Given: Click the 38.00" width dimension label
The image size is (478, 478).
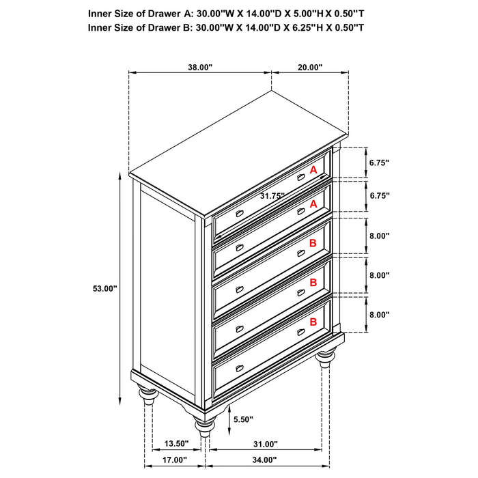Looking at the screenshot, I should coord(201,67).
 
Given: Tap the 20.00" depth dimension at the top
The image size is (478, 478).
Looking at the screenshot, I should coord(309,67).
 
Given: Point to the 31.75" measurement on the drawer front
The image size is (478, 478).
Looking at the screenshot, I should coord(272,195).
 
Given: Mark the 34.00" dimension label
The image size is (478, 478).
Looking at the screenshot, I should coord(266,460).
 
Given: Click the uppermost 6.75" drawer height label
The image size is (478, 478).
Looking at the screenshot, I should coord(379,163).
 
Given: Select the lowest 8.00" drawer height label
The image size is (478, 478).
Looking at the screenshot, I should coord(379,315).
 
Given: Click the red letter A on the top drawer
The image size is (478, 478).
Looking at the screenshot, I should coord(313,169).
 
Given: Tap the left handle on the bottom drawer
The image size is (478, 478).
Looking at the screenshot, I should coord(239,369).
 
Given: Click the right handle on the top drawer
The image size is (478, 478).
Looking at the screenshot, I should coord(300,177).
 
